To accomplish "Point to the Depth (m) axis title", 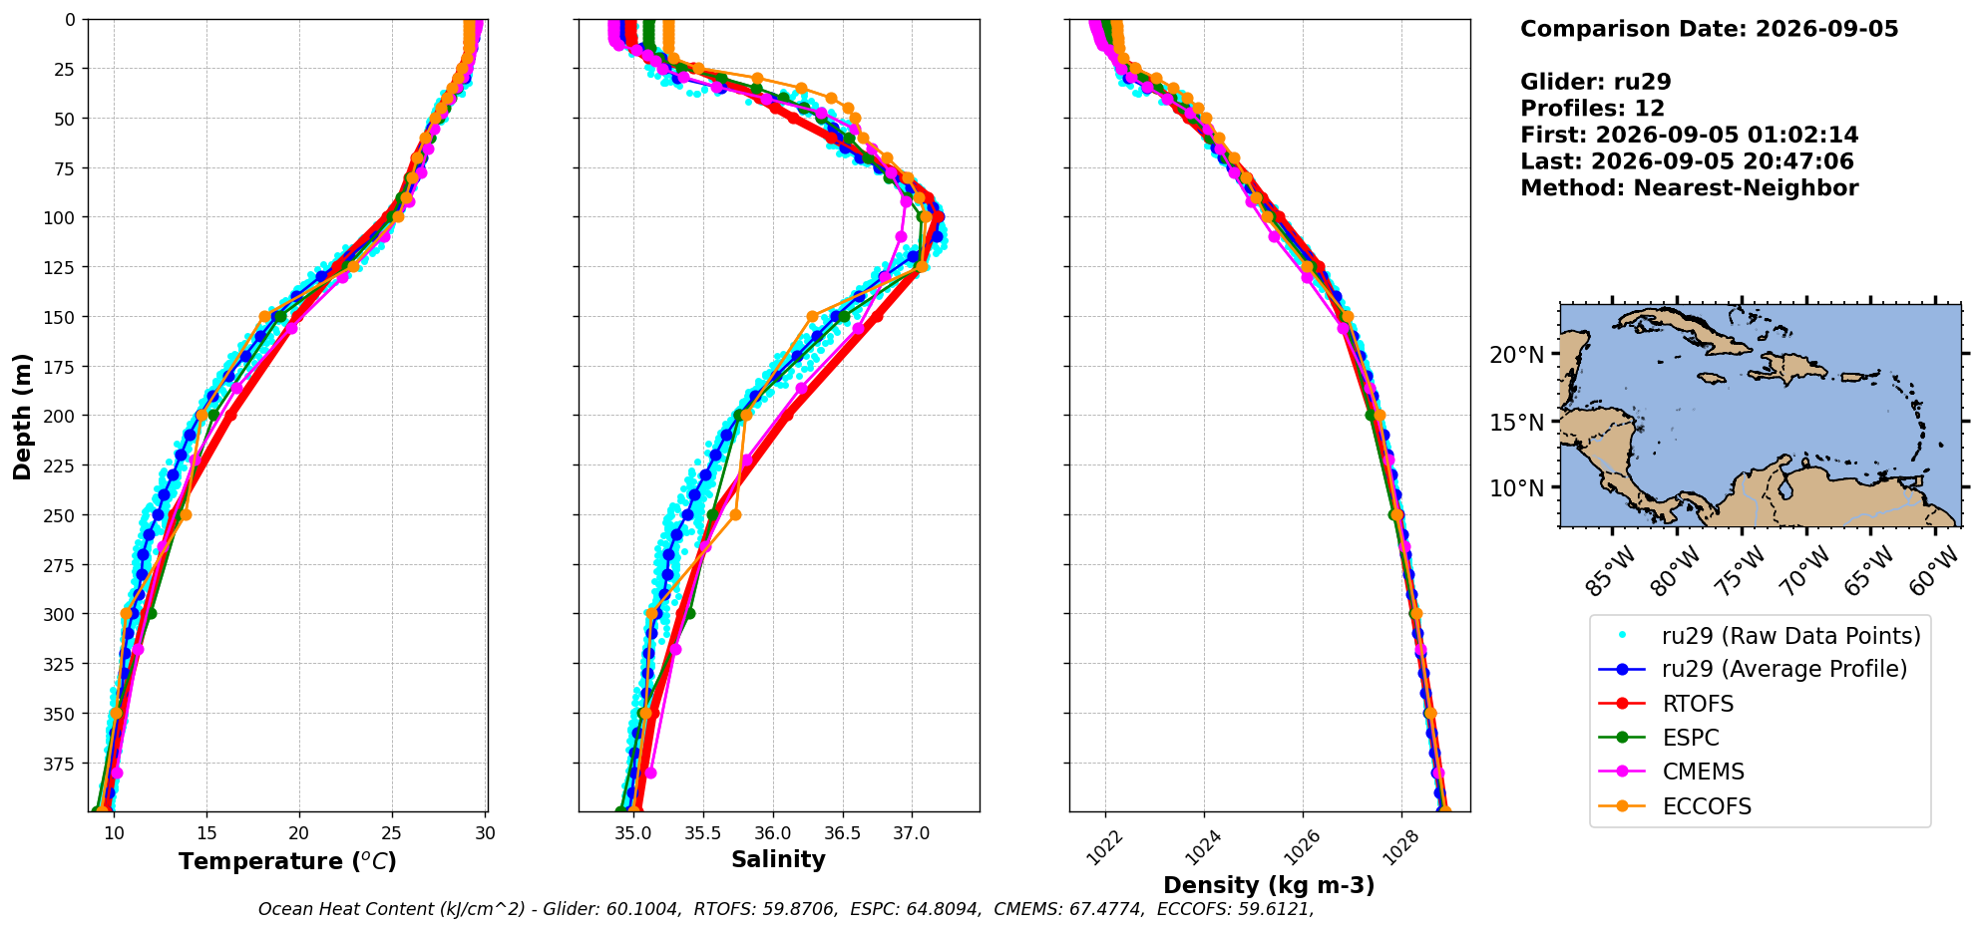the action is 22,416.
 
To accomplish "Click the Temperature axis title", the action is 287,861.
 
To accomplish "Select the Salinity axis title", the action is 778,859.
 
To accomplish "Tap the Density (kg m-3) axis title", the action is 1269,885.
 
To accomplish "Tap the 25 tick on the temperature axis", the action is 392,832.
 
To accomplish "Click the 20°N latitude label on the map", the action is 1515,355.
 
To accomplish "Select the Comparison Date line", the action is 1710,29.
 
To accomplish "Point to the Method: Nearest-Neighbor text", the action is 1690,188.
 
